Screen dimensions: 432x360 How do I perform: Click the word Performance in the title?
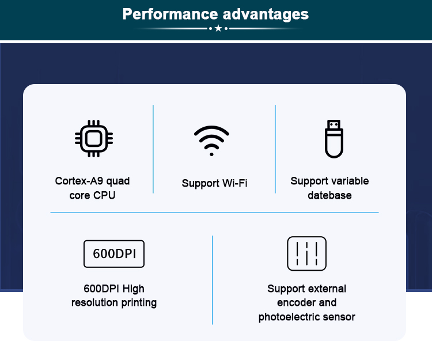pyautogui.click(x=170, y=14)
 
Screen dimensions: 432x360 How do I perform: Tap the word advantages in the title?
pyautogui.click(x=266, y=14)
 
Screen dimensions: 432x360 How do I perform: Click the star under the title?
pyautogui.click(x=218, y=28)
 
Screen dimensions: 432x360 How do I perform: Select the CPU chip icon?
pyautogui.click(x=94, y=139)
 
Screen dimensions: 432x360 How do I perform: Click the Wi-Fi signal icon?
pyautogui.click(x=211, y=141)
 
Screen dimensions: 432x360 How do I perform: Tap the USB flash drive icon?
pyautogui.click(x=334, y=139)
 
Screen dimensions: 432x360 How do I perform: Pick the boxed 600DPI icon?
pyautogui.click(x=114, y=253)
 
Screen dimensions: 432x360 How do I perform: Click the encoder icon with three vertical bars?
pyautogui.click(x=306, y=253)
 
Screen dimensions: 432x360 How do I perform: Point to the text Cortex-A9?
pyautogui.click(x=79, y=181)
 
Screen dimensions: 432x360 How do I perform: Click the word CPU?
pyautogui.click(x=104, y=195)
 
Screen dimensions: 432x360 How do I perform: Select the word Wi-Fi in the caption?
pyautogui.click(x=235, y=183)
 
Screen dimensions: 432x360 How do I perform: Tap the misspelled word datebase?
pyautogui.click(x=329, y=195)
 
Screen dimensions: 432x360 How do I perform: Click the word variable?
pyautogui.click(x=349, y=181)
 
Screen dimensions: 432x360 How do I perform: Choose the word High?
pyautogui.click(x=134, y=289)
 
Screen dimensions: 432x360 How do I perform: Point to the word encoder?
pyautogui.click(x=295, y=303)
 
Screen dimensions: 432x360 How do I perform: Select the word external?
pyautogui.click(x=327, y=289)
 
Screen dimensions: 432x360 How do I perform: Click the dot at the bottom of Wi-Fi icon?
pyautogui.click(x=211, y=154)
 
